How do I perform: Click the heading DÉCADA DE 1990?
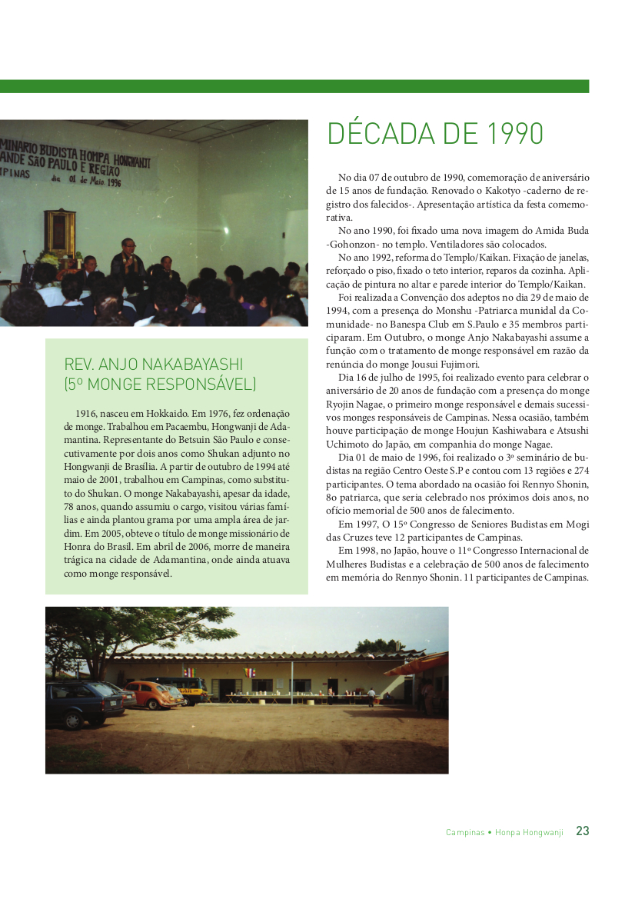(x=435, y=134)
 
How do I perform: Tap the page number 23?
(x=583, y=831)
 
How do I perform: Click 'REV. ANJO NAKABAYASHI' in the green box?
(x=154, y=365)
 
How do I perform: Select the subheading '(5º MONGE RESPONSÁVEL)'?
(x=160, y=384)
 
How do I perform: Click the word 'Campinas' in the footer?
(x=465, y=832)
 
